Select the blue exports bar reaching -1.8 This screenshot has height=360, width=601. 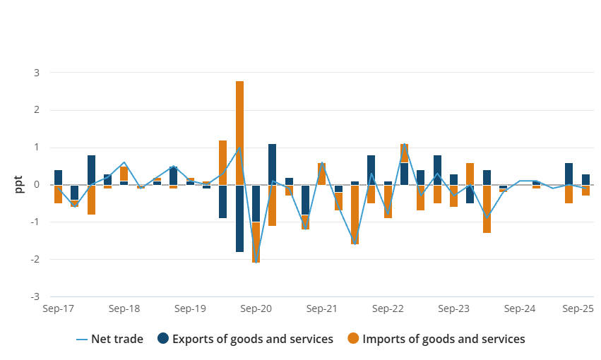pyautogui.click(x=240, y=218)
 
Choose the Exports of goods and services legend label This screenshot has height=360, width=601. pyautogui.click(x=253, y=339)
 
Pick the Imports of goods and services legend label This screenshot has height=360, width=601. pyautogui.click(x=444, y=339)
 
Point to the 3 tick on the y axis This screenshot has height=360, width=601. pyautogui.click(x=37, y=73)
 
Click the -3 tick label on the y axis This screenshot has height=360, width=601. pyautogui.click(x=35, y=296)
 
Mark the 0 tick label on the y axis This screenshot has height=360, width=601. pyautogui.click(x=37, y=185)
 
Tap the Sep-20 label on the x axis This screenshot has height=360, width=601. pyautogui.click(x=256, y=309)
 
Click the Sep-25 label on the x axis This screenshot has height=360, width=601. pyautogui.click(x=577, y=309)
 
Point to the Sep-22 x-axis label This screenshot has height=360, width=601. pyautogui.click(x=388, y=309)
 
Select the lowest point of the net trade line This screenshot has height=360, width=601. pyautogui.click(x=256, y=263)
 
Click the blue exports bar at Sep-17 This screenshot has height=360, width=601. pyautogui.click(x=58, y=177)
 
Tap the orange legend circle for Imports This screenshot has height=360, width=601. pyautogui.click(x=354, y=339)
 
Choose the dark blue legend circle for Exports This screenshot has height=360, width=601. pyautogui.click(x=163, y=339)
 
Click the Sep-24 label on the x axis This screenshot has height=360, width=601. pyautogui.click(x=520, y=309)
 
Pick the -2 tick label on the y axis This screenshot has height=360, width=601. pyautogui.click(x=35, y=259)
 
